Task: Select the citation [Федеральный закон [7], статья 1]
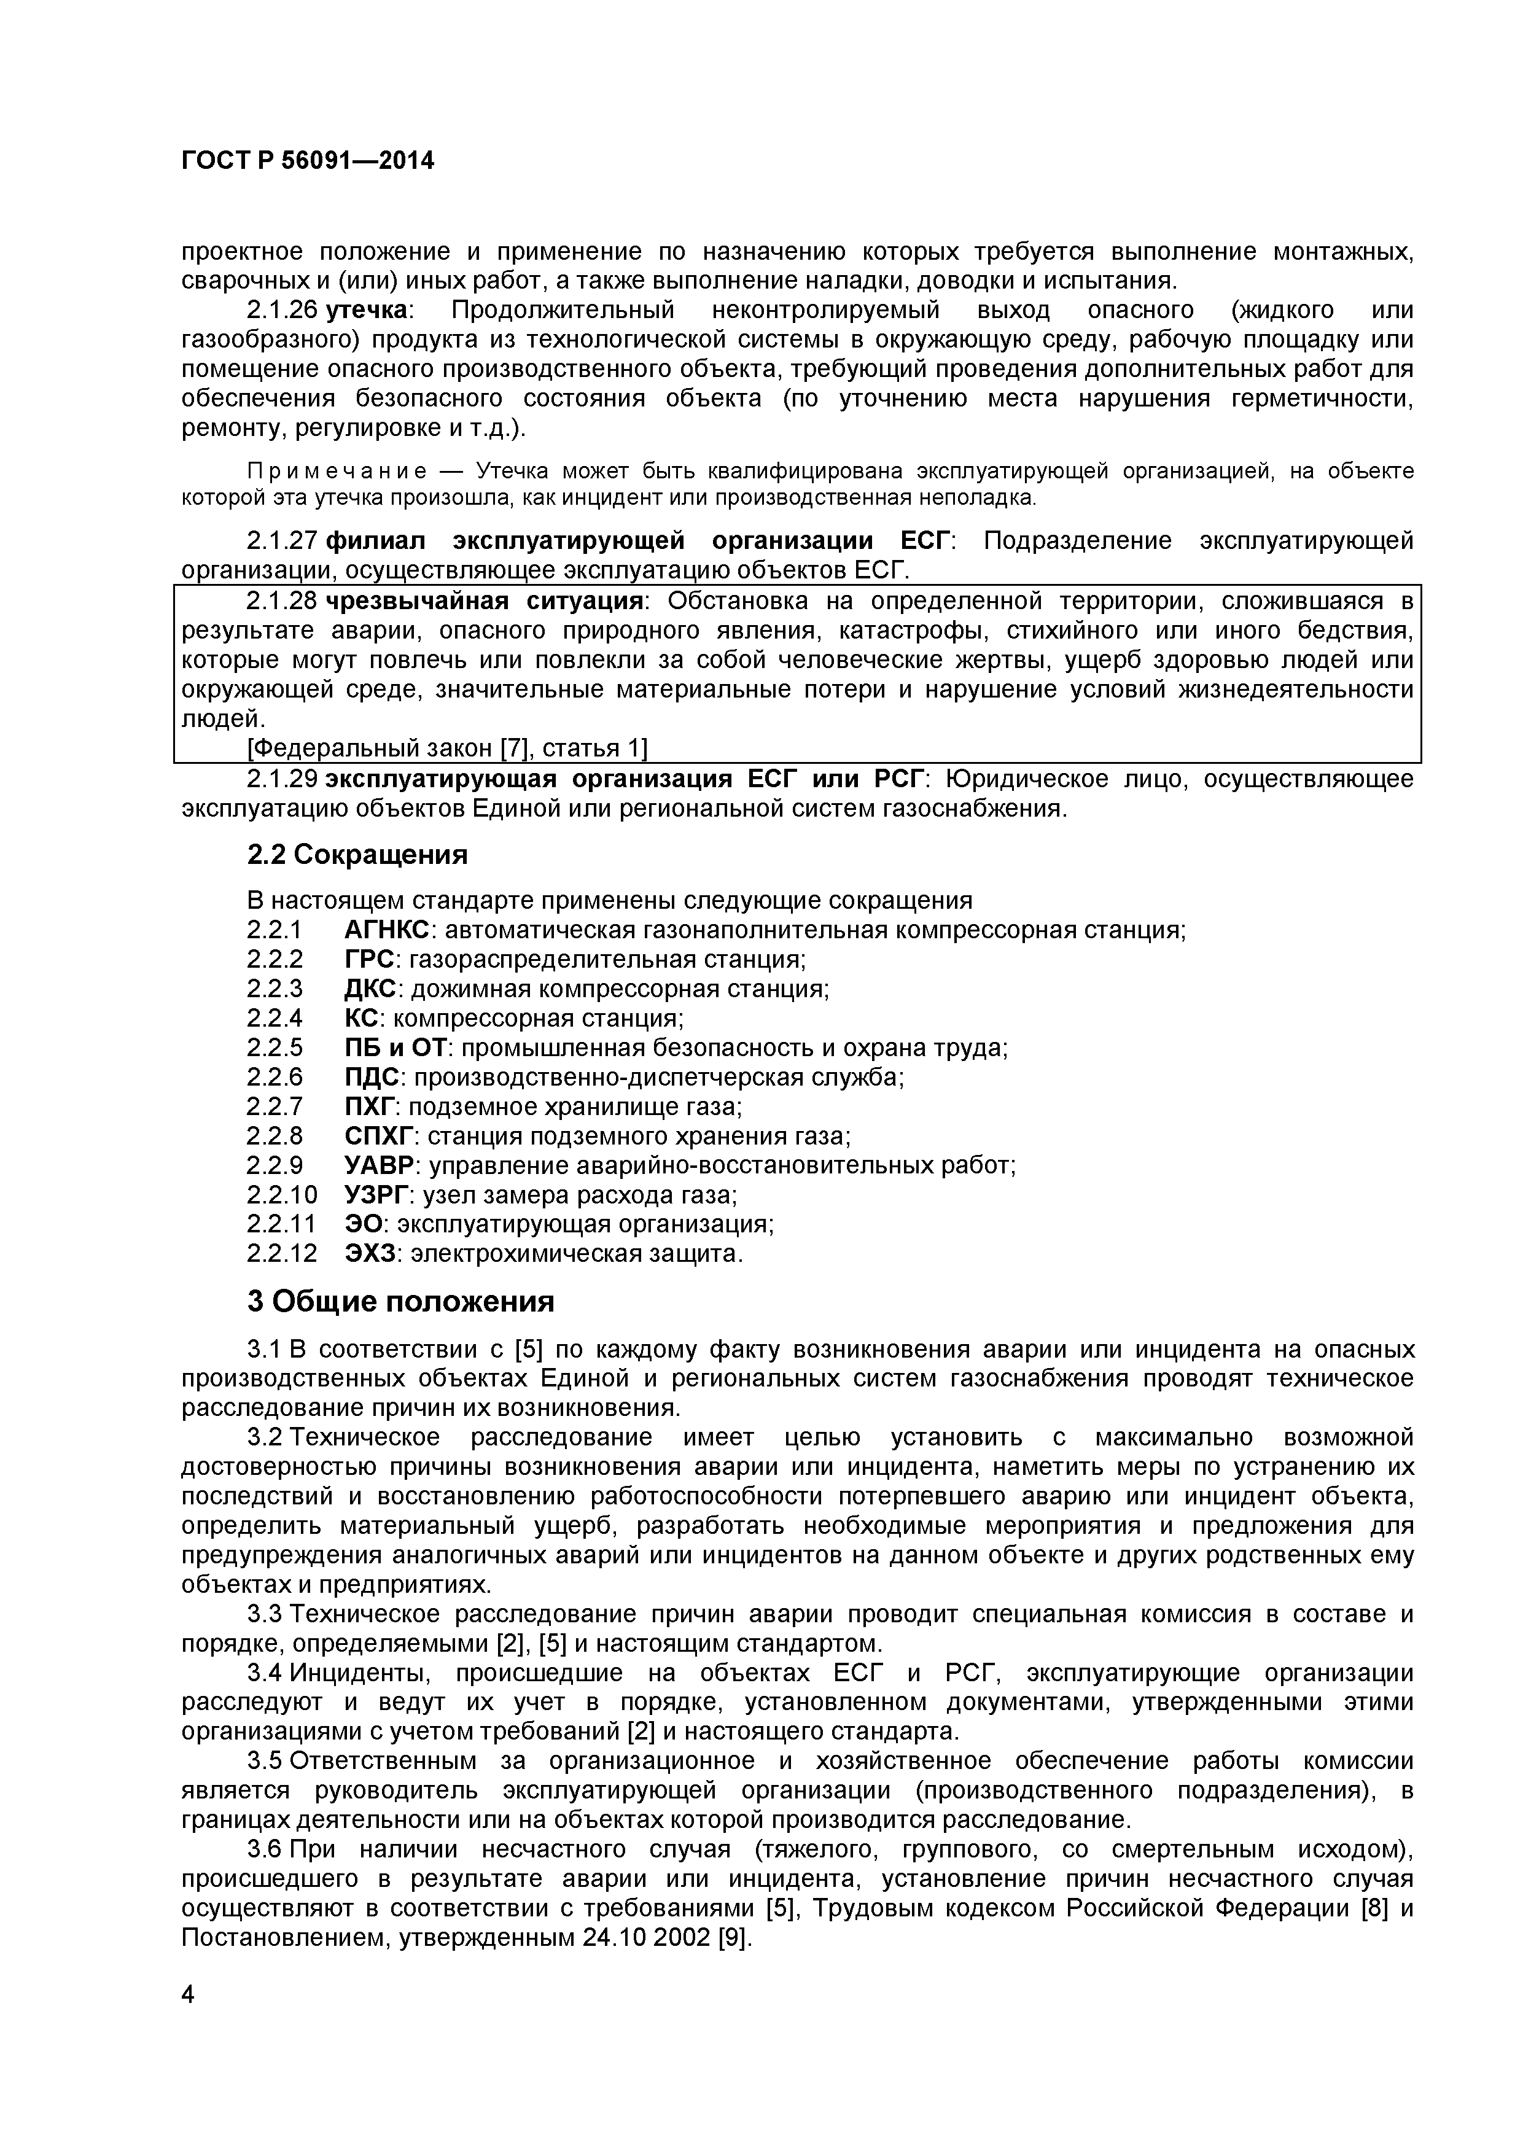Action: coord(446,748)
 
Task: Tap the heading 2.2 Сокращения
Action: coord(357,855)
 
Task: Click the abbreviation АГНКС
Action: coord(387,931)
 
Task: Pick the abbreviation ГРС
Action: coord(369,960)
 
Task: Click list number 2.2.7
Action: coord(275,1107)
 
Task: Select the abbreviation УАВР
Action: coord(379,1166)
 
